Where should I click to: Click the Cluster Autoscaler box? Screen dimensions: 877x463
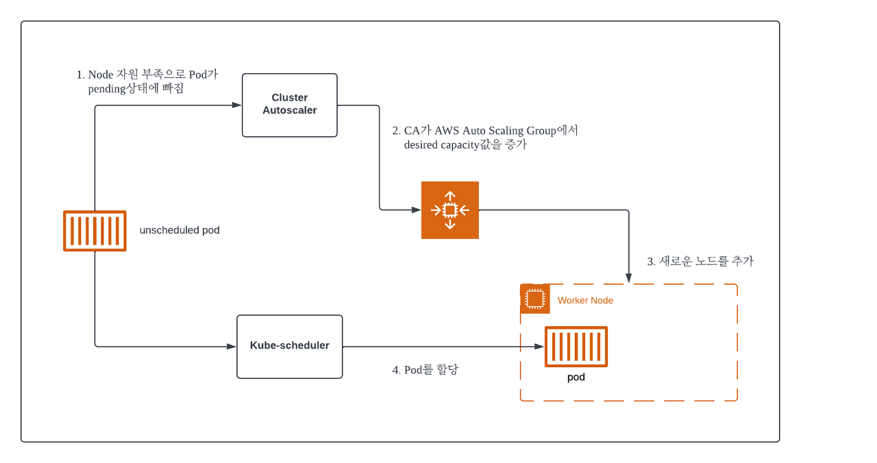pos(290,105)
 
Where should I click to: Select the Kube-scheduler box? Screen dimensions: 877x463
pos(290,347)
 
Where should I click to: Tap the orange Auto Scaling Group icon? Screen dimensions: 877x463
pos(450,210)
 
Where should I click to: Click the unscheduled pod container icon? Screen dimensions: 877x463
pos(95,231)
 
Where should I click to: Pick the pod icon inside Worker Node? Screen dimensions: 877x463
pos(576,347)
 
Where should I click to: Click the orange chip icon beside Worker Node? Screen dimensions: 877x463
pos(535,299)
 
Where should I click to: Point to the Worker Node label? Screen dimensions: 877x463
pos(585,301)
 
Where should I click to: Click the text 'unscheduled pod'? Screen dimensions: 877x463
pos(180,230)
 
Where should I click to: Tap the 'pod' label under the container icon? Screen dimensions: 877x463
pos(576,377)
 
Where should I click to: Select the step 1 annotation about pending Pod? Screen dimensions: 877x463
pos(147,82)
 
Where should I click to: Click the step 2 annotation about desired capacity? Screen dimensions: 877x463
pos(485,138)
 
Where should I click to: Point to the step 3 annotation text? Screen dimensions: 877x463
pos(700,261)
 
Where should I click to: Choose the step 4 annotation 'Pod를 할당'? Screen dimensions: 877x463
pos(425,370)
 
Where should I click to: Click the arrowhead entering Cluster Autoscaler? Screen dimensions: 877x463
pos(237,105)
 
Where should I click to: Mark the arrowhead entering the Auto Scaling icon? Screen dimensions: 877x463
pos(416,210)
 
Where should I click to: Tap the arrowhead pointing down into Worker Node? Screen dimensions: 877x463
pos(629,279)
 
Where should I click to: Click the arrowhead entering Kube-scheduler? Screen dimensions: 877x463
pos(232,347)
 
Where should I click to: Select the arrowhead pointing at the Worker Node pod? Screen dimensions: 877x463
pos(539,347)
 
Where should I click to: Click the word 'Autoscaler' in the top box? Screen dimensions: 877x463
pos(290,110)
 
